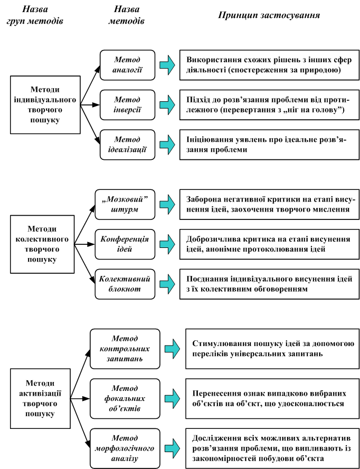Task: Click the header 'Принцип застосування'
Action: (269, 15)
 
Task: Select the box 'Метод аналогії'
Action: (128, 65)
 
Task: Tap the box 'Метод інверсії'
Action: (128, 105)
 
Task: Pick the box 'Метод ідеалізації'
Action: (128, 145)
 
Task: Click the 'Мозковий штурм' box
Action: (125, 204)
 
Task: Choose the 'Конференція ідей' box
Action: (125, 244)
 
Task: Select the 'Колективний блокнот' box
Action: (125, 284)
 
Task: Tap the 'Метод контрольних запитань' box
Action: (125, 349)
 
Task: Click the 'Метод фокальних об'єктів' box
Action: (125, 399)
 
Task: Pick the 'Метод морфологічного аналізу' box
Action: (125, 448)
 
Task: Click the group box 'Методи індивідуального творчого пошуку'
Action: (45, 104)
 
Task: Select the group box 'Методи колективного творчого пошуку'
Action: (42, 244)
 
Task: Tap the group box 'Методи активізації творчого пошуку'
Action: (40, 398)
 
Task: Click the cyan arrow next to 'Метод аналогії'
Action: (167, 65)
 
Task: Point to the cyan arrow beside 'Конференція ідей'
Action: (167, 244)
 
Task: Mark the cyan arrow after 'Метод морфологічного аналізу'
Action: (173, 448)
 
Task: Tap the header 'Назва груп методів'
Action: (35, 15)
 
